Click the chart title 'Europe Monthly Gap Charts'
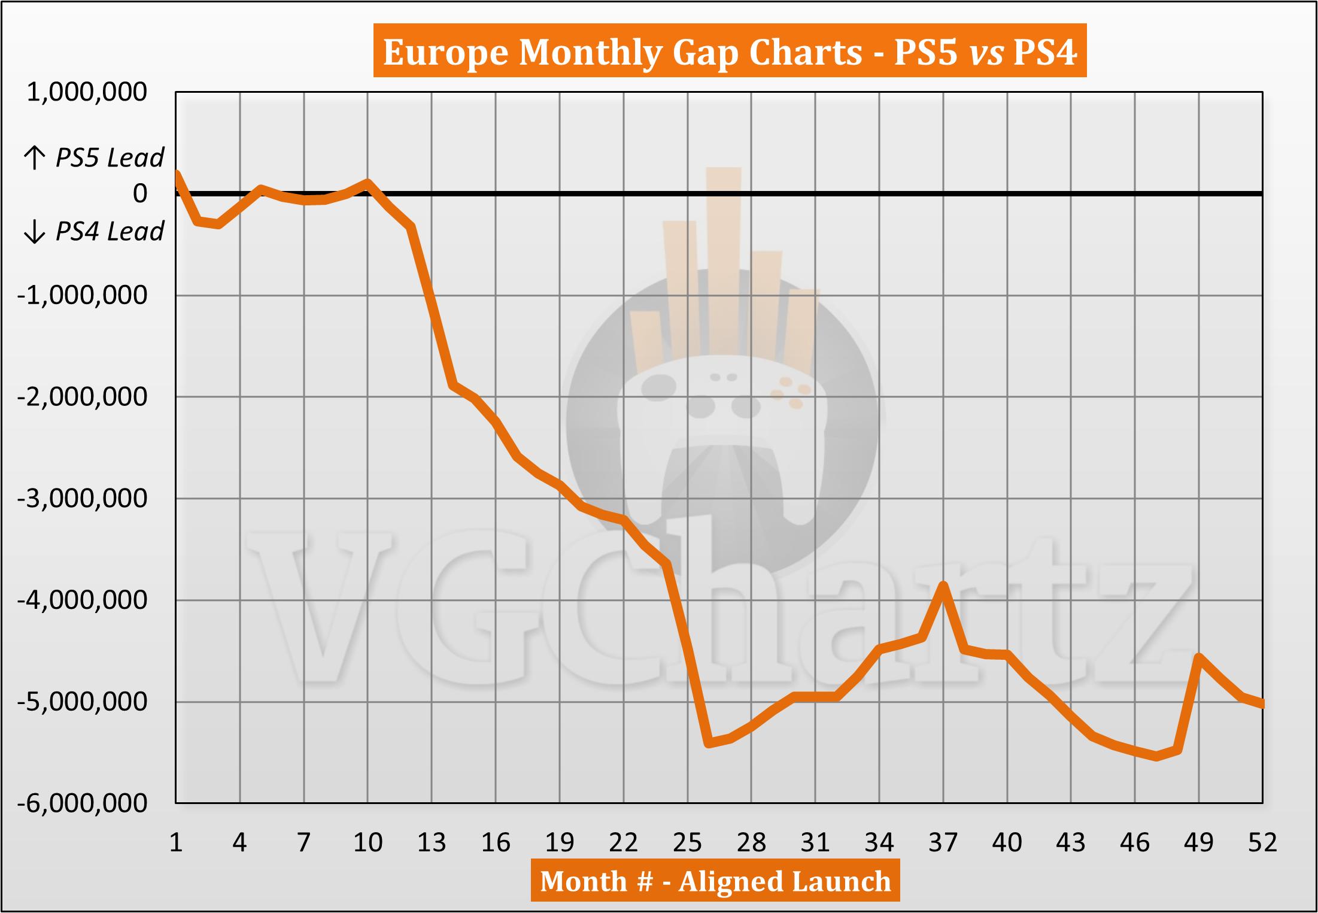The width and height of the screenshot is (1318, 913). tap(730, 51)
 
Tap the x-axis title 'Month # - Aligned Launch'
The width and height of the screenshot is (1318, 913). tap(715, 881)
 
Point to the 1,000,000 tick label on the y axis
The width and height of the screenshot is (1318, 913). tap(87, 92)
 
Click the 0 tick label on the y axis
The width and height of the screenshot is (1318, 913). tap(140, 193)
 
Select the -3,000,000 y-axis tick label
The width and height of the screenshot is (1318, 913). tap(83, 498)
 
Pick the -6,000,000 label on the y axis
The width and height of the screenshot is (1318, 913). tap(83, 803)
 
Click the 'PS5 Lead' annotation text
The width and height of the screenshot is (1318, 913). tap(110, 157)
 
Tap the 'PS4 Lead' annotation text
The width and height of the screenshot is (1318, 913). tap(110, 231)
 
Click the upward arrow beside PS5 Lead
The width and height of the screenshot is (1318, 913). tap(35, 157)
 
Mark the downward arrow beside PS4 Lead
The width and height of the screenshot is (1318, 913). tap(35, 231)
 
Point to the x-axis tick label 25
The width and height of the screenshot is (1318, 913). tap(687, 842)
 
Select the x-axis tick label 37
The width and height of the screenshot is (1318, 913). tap(943, 842)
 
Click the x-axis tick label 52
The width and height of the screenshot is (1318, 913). tap(1262, 842)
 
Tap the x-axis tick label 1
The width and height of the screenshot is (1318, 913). tap(176, 842)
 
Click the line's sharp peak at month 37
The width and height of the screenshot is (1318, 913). tap(943, 585)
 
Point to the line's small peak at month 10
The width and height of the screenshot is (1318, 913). tap(368, 183)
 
